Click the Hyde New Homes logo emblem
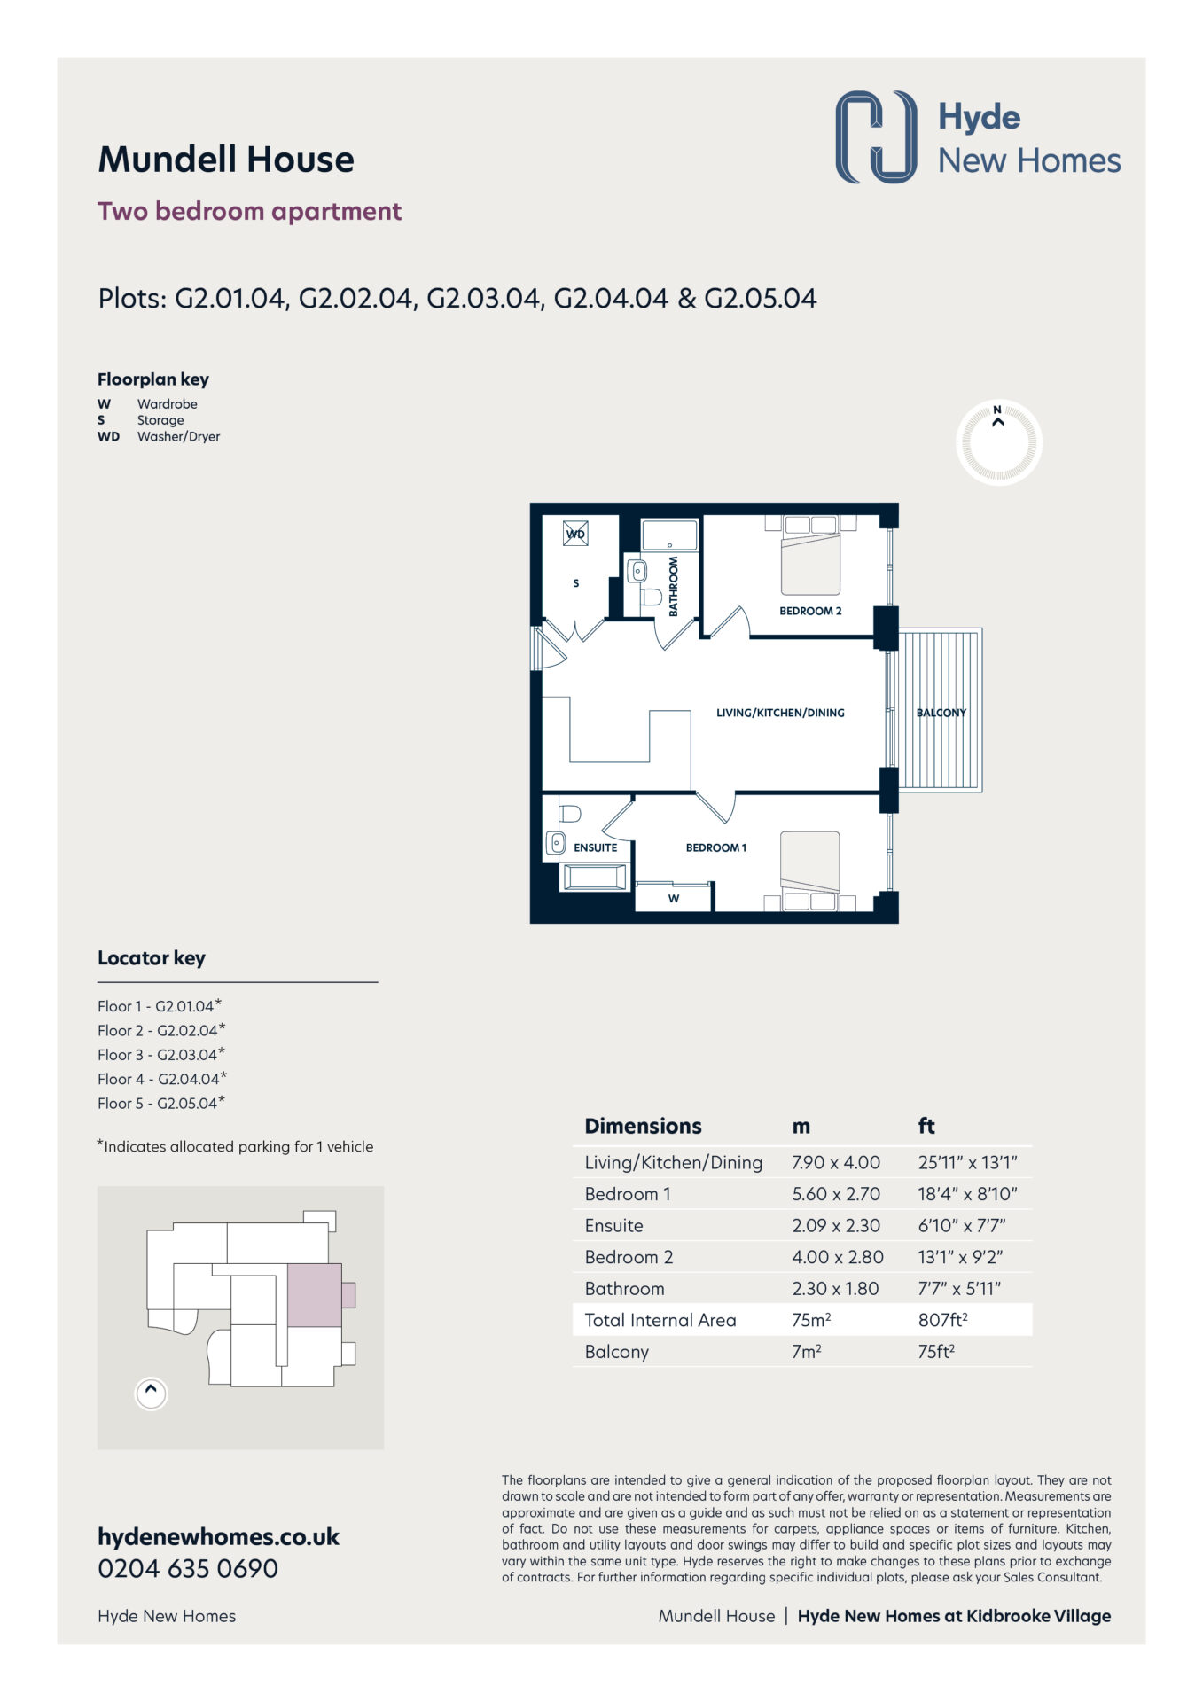[x=876, y=137]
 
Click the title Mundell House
[x=226, y=160]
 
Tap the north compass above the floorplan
[x=998, y=441]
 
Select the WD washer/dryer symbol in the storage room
[x=575, y=534]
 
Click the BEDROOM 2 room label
[x=810, y=611]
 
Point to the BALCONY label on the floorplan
[x=941, y=713]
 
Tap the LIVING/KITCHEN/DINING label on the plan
[x=780, y=713]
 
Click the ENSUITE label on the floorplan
[x=595, y=847]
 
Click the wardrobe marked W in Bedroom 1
[x=674, y=897]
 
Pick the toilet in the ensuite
[x=569, y=812]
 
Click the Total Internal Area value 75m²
[x=811, y=1320]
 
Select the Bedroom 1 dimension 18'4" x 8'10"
[x=967, y=1194]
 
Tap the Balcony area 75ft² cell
[x=936, y=1352]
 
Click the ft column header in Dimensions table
[x=926, y=1126]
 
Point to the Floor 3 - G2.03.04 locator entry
[x=161, y=1054]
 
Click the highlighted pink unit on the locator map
[x=315, y=1295]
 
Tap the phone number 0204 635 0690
[x=188, y=1568]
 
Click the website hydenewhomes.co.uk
[x=218, y=1537]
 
